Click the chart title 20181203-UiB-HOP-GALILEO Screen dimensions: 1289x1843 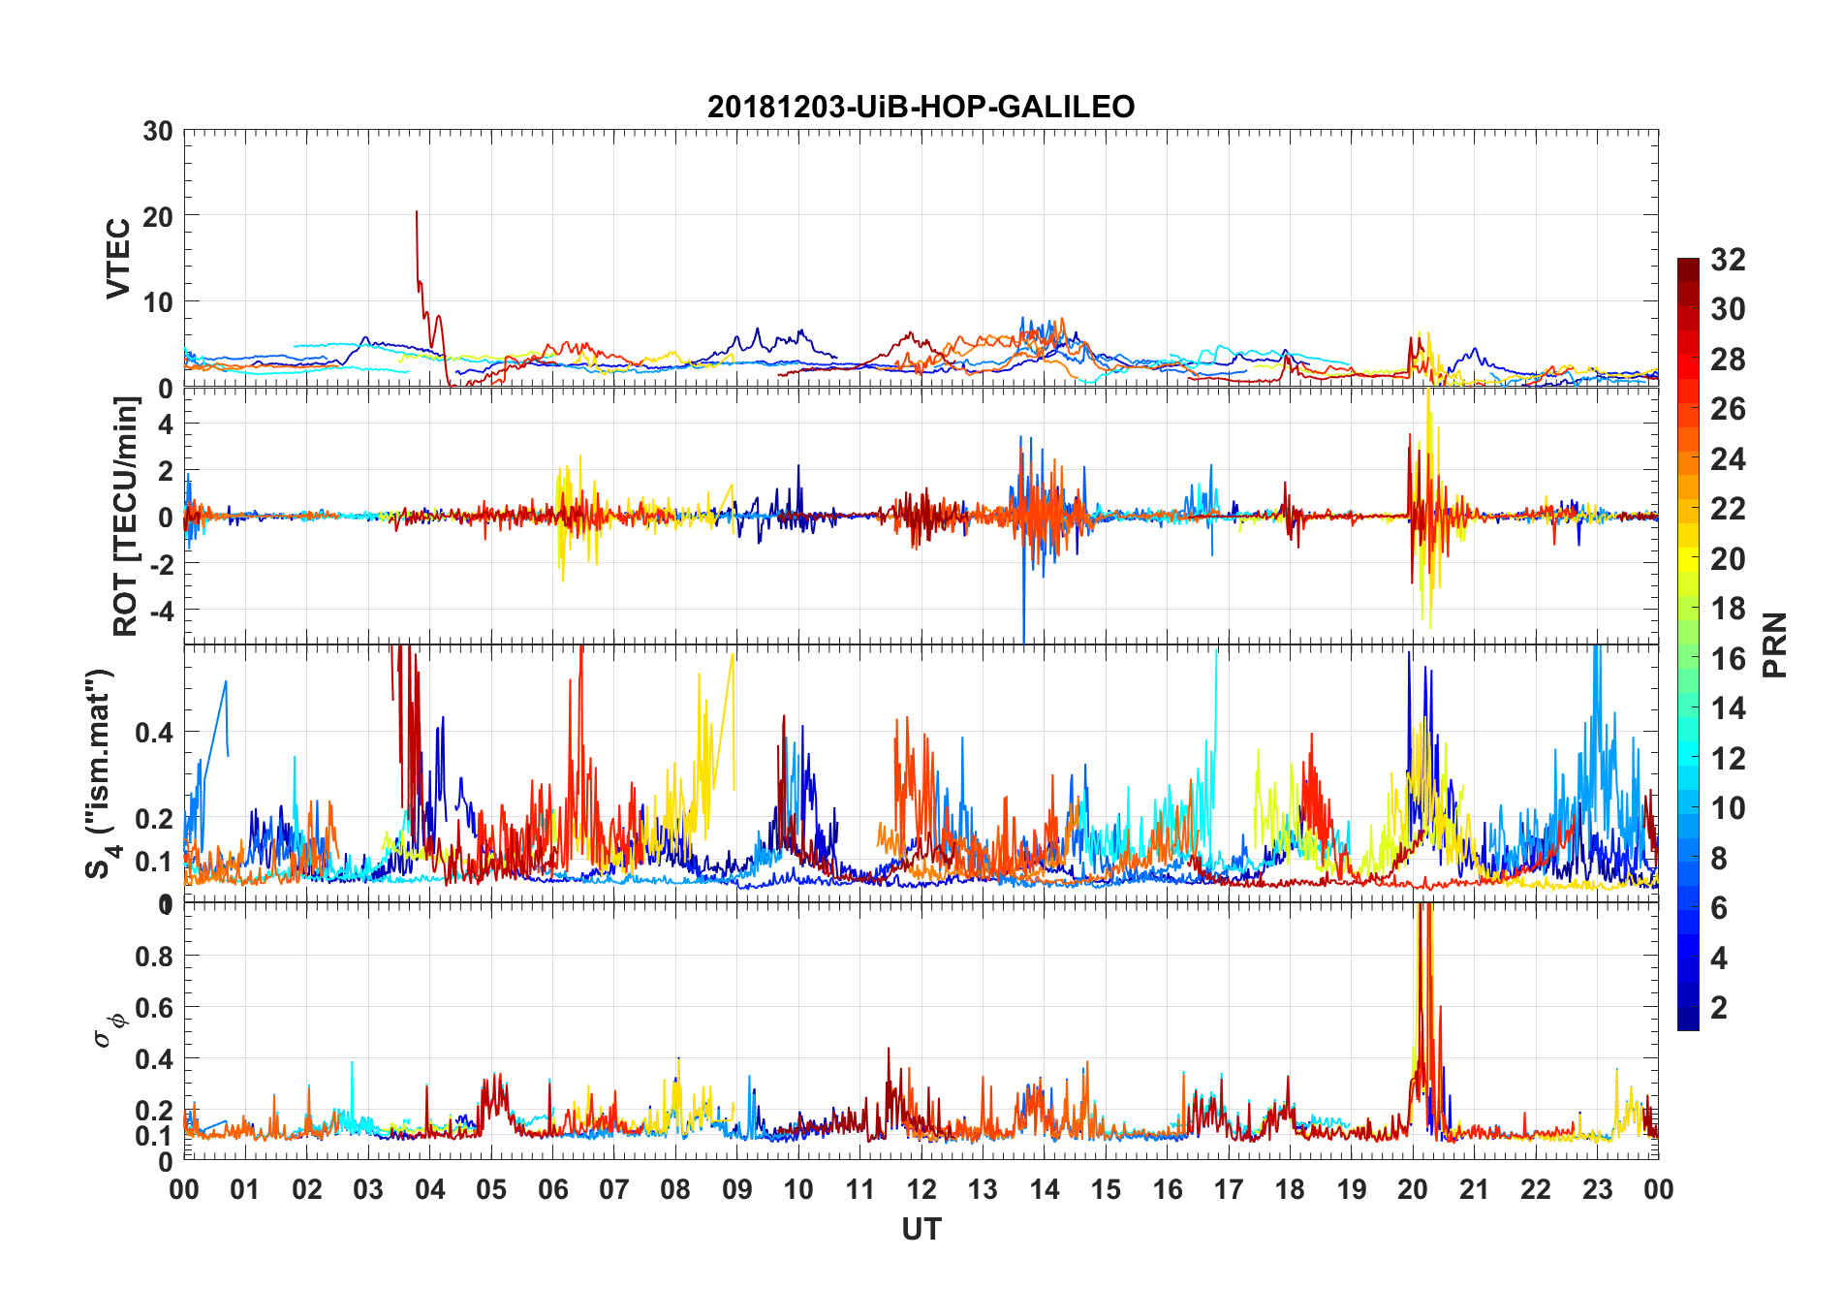click(921, 107)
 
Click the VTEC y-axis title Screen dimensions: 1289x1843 click(118, 259)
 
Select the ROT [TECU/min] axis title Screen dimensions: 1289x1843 click(126, 517)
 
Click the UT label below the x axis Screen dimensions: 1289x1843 click(921, 1230)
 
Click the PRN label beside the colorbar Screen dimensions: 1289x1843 click(1775, 644)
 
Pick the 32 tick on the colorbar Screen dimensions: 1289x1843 click(1728, 260)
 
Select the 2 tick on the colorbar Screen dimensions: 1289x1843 click(1719, 1008)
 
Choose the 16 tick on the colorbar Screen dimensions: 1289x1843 click(1728, 659)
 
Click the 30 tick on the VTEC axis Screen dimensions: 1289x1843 click(158, 132)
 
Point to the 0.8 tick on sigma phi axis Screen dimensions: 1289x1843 click(154, 957)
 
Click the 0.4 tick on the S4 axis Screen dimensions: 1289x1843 click(154, 733)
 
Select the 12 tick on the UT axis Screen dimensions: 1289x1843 click(921, 1190)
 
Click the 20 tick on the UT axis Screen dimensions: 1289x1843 click(1413, 1190)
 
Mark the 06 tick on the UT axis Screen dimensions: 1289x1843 click(552, 1190)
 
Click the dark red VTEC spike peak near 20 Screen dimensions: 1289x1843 click(417, 211)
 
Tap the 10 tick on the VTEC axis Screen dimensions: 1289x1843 click(158, 302)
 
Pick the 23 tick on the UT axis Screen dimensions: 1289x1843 click(1597, 1190)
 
